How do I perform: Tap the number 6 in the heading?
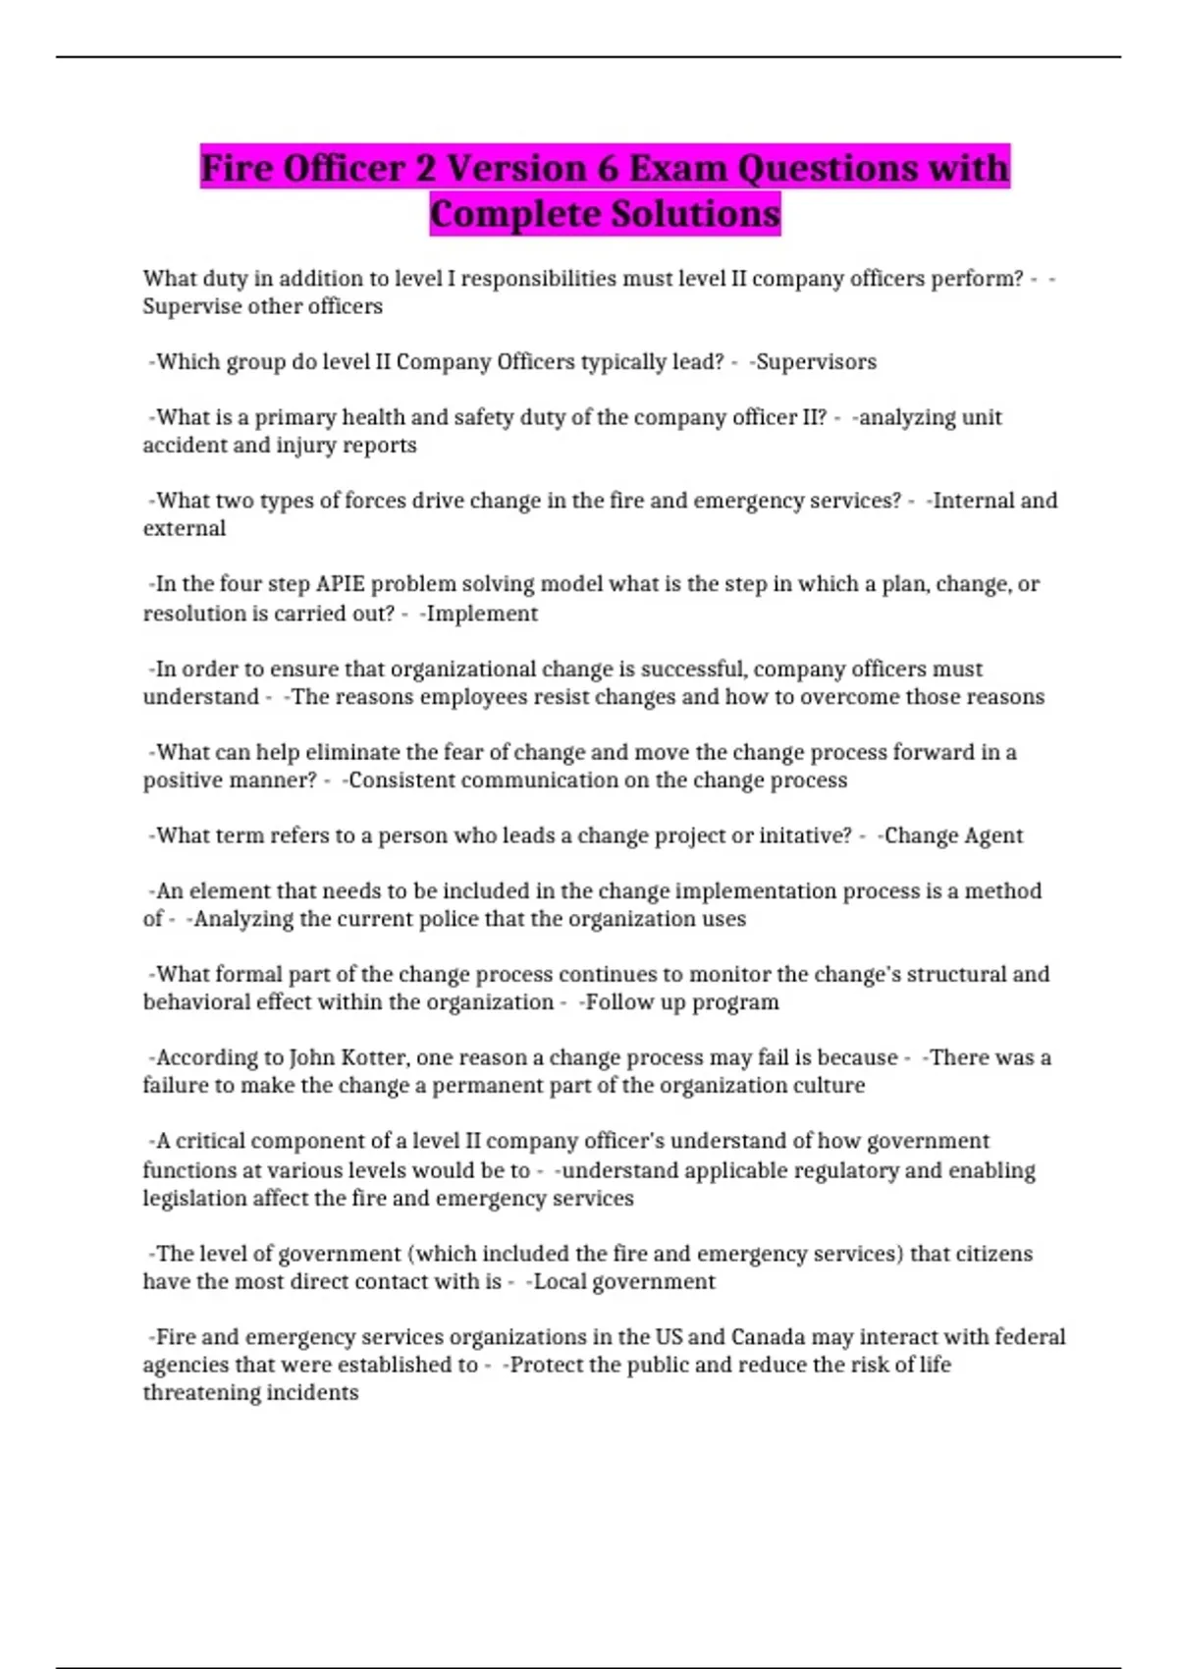(x=608, y=168)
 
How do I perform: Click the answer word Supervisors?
(x=816, y=362)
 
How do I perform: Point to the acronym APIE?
(x=340, y=584)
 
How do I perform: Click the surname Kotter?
(x=373, y=1057)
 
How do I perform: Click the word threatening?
(x=250, y=1393)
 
